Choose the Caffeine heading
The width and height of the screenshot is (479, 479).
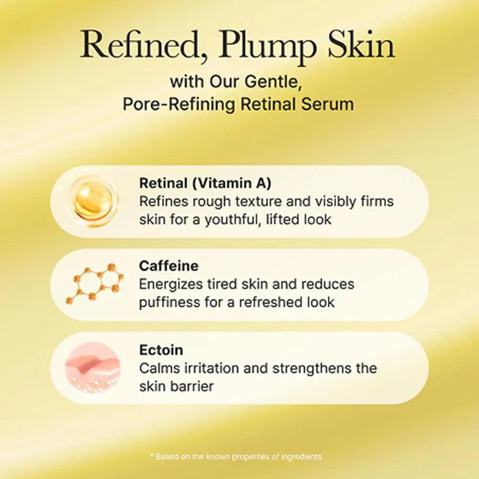pos(168,266)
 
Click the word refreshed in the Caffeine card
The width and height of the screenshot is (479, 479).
pos(268,302)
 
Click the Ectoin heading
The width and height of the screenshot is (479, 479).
pos(161,350)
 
